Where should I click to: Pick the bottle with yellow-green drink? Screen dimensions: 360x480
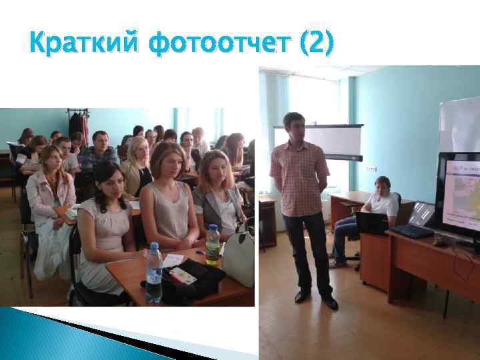tap(213, 244)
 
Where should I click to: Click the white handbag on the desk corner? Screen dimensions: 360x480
tap(239, 259)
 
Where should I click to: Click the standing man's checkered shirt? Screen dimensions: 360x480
tap(299, 177)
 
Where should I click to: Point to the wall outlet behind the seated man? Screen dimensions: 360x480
tap(371, 169)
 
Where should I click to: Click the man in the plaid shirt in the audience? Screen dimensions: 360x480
tap(99, 152)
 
